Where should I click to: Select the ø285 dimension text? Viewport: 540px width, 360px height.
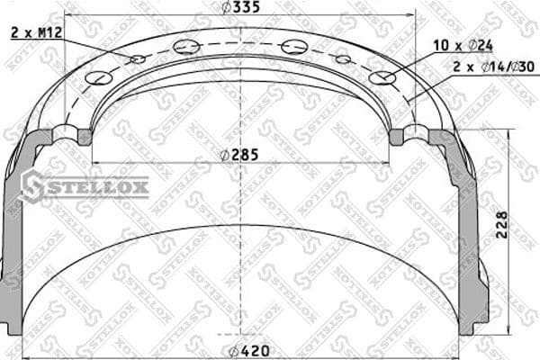[x=240, y=154]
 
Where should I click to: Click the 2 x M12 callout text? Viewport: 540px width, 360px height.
[x=36, y=32]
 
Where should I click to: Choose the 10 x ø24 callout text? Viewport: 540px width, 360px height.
[x=462, y=44]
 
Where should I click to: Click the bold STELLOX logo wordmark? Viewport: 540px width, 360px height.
[x=96, y=188]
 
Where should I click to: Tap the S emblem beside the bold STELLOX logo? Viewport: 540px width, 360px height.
[x=32, y=185]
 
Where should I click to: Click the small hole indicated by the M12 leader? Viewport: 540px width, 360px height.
[x=138, y=59]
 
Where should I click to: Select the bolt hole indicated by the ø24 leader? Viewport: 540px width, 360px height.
[x=382, y=78]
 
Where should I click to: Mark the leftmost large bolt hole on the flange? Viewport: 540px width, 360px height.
[x=101, y=78]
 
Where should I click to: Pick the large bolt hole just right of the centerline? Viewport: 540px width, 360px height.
[x=293, y=47]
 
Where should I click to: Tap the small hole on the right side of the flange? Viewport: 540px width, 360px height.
[x=343, y=59]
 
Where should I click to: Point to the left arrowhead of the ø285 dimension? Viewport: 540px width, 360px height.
[x=97, y=162]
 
